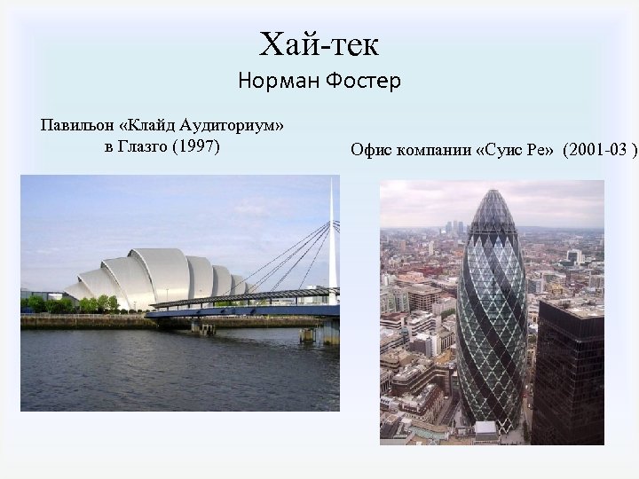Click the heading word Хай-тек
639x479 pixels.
pos(319,42)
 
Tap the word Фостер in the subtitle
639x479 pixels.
pos(364,82)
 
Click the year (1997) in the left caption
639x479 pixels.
pos(198,145)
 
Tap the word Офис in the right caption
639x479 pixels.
pos(370,150)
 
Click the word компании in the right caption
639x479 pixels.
pos(433,150)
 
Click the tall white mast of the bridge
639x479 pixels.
pos(333,239)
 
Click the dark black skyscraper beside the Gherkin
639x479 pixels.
pos(568,373)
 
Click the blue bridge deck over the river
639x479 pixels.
pos(240,310)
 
